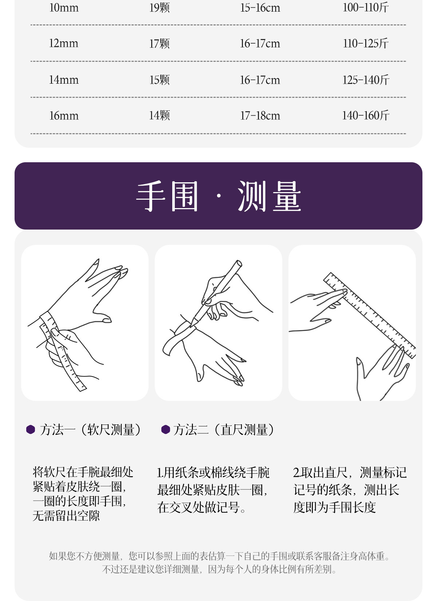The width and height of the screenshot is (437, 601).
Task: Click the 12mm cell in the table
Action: point(64,44)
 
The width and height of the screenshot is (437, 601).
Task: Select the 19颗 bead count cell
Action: point(160,8)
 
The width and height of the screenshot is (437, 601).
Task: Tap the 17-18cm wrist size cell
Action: point(260,116)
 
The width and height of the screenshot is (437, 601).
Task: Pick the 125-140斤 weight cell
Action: point(366,80)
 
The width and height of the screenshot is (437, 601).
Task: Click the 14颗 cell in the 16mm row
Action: point(160,116)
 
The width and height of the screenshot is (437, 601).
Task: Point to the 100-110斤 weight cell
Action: point(366,8)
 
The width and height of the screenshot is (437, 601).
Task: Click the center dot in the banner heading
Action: point(219,196)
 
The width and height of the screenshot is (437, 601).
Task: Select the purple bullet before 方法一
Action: point(31,430)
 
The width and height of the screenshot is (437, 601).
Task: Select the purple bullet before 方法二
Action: point(166,430)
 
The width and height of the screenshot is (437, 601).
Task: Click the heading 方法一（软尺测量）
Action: point(90,430)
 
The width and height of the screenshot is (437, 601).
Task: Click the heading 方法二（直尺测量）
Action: point(224,430)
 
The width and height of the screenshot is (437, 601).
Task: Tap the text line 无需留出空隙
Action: point(66,516)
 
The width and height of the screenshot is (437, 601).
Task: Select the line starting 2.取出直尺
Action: point(350,473)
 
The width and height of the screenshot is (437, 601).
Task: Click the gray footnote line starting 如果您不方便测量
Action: point(219,556)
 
